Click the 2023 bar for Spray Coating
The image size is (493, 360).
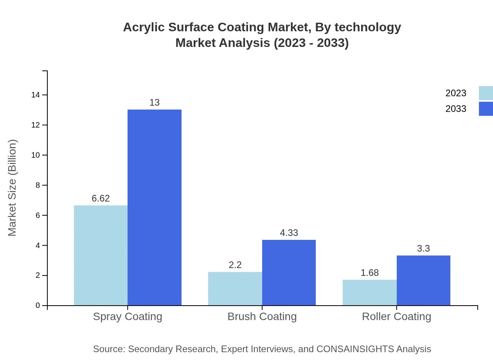point(101,255)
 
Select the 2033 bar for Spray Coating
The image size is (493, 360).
point(155,207)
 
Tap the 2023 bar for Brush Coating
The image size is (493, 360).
point(235,288)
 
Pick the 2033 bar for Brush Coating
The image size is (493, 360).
point(289,272)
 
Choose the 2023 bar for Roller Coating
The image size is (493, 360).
point(369,292)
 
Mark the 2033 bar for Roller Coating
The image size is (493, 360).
point(423,280)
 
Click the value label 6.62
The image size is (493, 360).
point(101,198)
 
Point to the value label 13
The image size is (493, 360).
point(155,103)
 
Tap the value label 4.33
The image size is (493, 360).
point(289,233)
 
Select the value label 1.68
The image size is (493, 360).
point(369,273)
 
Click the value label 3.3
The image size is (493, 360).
point(423,248)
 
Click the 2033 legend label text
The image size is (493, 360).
point(456,109)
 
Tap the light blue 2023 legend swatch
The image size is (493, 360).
point(486,93)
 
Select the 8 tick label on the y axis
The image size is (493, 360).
point(38,185)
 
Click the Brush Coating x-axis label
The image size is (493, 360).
point(262,316)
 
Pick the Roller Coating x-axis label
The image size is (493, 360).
point(396,316)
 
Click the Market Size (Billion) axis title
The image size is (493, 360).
point(13,188)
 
